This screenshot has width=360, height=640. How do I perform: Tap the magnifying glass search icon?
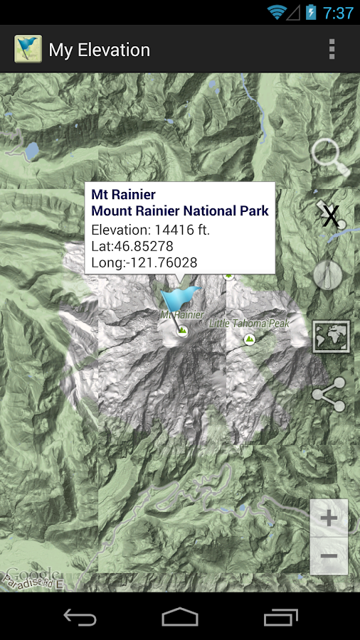(330, 156)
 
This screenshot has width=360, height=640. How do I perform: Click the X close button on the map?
(331, 215)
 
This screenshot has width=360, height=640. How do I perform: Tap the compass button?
(328, 274)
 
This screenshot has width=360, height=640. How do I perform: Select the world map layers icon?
(331, 336)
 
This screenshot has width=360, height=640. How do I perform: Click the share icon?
(329, 395)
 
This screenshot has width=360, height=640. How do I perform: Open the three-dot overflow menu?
(332, 49)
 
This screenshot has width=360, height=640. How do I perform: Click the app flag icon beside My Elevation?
(28, 49)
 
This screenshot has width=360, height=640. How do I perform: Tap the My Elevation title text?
(100, 50)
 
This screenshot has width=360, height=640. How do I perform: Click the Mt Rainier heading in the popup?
(124, 195)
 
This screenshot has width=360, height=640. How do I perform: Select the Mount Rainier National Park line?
(180, 211)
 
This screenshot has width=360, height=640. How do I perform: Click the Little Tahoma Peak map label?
(249, 324)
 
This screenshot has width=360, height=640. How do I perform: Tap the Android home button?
(180, 617)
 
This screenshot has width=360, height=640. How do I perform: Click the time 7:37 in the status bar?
(338, 13)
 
